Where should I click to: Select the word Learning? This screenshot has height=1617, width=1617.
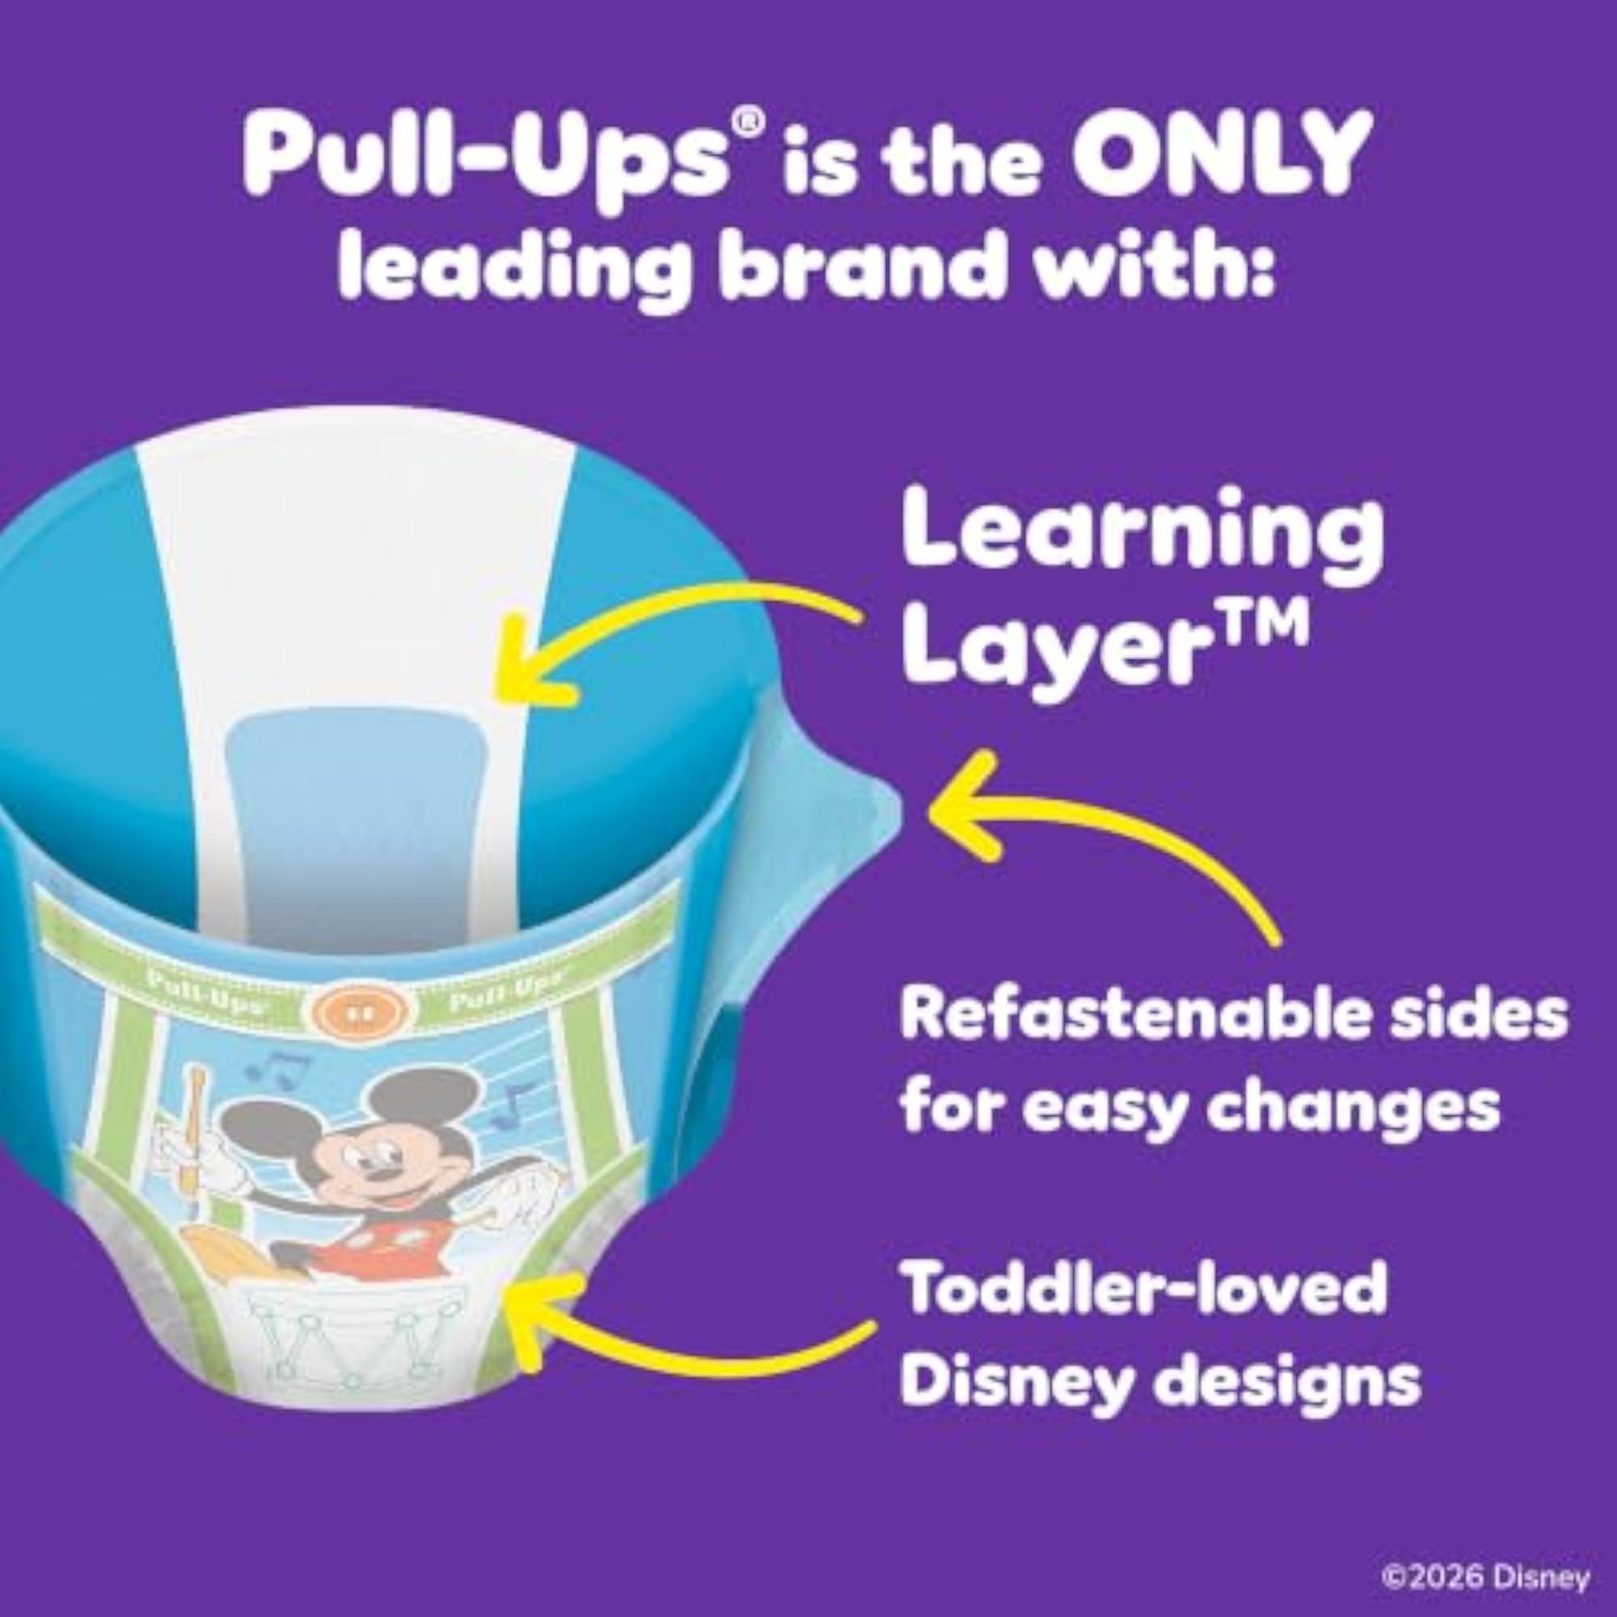coord(1142,538)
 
